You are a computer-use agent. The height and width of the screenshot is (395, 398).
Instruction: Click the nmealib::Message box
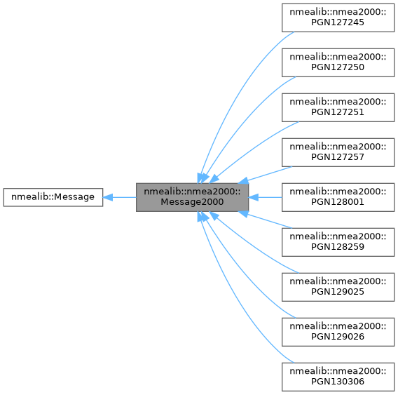pos(53,197)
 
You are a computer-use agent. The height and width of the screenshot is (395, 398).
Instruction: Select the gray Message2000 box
pos(192,197)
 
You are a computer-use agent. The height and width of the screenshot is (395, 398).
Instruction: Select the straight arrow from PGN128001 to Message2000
pos(266,197)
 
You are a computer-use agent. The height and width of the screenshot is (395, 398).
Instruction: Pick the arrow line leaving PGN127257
pos(270,173)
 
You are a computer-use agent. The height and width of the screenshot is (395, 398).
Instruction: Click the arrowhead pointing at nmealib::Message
pos(109,197)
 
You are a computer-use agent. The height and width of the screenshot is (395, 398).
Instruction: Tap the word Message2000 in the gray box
pos(192,203)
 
